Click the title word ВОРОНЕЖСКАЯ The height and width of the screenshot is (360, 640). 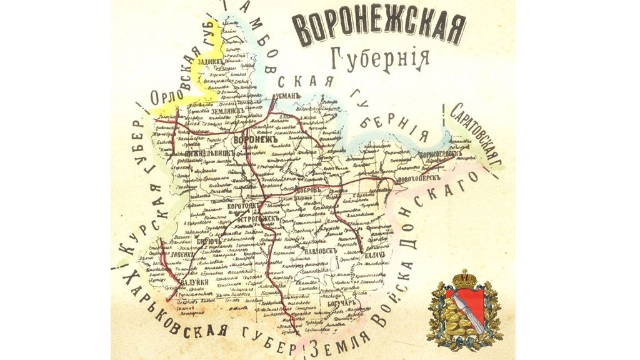(379, 30)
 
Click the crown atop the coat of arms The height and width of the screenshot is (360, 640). (463, 279)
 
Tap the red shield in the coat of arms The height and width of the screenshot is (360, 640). (462, 310)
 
